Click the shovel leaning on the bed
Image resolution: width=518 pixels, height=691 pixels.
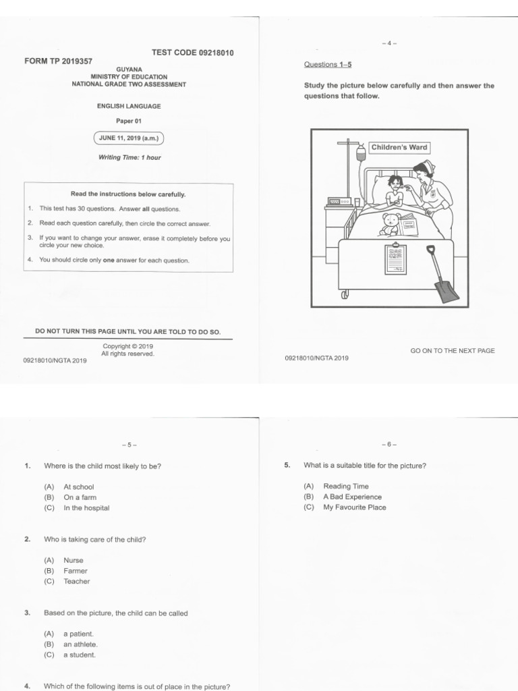[x=444, y=278]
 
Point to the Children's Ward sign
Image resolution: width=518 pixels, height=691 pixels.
[x=399, y=147]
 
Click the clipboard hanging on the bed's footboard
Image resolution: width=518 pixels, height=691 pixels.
[x=395, y=259]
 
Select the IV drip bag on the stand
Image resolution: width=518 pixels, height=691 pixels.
[x=361, y=153]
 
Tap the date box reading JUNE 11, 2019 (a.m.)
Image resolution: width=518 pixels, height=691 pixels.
[x=128, y=138]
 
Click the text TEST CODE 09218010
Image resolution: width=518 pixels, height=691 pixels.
[x=193, y=53]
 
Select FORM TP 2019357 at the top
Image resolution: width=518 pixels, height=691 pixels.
[x=59, y=61]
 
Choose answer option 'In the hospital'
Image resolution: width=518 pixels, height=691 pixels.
[x=86, y=508]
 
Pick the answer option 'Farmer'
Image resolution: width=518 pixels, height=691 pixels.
[x=76, y=571]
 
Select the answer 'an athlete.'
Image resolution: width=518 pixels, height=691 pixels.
[x=80, y=644]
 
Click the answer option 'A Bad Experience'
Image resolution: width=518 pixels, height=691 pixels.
[x=352, y=497]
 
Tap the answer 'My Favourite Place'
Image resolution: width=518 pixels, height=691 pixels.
[x=355, y=507]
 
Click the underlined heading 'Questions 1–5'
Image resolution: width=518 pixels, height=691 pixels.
[x=328, y=65]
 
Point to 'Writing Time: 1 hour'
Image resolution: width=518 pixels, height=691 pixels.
[x=129, y=158]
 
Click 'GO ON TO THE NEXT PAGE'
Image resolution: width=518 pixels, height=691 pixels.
[x=453, y=351]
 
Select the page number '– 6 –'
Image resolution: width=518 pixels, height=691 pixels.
[x=388, y=445]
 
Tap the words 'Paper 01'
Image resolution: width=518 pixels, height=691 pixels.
[x=128, y=121]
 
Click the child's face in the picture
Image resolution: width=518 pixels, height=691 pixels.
[x=395, y=183]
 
